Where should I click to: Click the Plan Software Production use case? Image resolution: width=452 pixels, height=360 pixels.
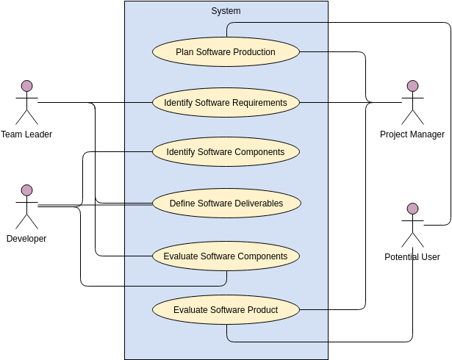click(x=226, y=52)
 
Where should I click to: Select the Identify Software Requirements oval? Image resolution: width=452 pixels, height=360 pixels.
click(x=226, y=102)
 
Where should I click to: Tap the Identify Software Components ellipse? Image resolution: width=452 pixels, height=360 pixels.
click(x=226, y=152)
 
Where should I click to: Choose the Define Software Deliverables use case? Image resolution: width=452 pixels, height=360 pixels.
click(x=226, y=204)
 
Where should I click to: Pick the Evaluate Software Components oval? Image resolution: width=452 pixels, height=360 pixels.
click(x=226, y=256)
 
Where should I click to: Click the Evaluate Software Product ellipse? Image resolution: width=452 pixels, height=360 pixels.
click(x=226, y=309)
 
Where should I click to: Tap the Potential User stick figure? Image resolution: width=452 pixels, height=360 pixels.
click(x=412, y=225)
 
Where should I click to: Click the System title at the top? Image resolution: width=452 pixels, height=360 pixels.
click(x=226, y=11)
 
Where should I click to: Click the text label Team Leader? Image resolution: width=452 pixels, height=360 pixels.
click(x=26, y=134)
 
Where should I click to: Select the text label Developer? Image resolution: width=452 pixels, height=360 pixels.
click(x=26, y=239)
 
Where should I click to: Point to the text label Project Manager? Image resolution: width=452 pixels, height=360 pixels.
click(x=412, y=134)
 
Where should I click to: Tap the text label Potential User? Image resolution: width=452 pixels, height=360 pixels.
click(x=412, y=257)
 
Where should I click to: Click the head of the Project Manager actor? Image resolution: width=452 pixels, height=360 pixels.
click(x=412, y=86)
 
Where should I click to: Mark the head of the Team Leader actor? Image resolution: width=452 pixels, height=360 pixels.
click(x=26, y=85)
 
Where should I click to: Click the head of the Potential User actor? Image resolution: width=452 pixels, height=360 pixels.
click(x=412, y=209)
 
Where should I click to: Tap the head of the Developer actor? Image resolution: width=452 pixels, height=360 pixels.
click(x=26, y=190)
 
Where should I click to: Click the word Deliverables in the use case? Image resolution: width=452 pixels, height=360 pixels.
click(x=257, y=204)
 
